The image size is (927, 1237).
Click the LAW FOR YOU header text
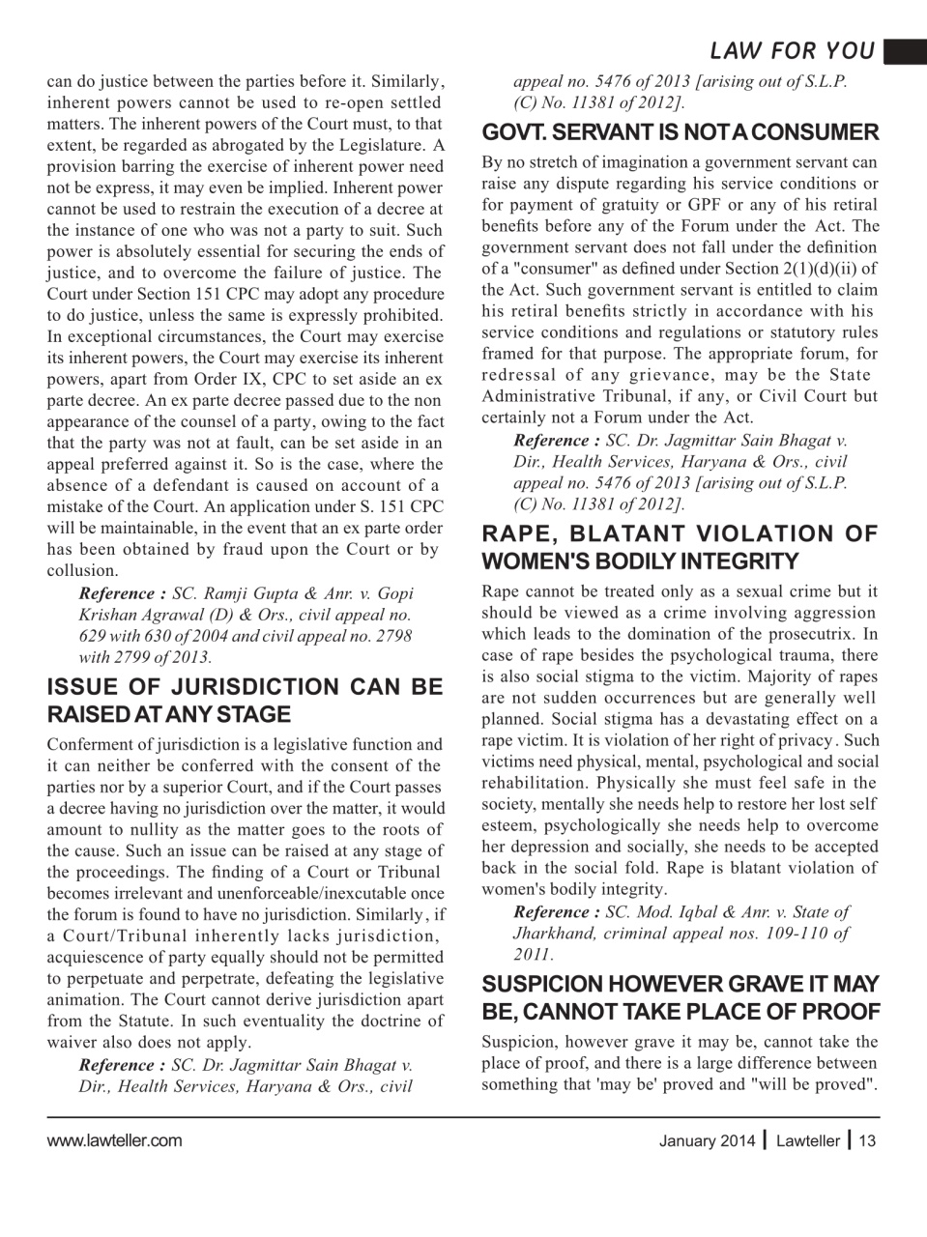[x=792, y=51]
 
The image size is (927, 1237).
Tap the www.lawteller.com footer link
[x=114, y=1140]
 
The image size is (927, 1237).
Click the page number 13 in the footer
[x=867, y=1141]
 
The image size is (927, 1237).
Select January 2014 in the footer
[x=701, y=1141]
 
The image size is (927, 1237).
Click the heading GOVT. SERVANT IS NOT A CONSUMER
[x=680, y=131]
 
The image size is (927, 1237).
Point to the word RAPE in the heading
[x=517, y=533]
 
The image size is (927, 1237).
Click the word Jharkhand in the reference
[x=555, y=933]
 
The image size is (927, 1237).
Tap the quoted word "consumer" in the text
[x=536, y=269]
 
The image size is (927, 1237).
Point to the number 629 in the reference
[x=93, y=636]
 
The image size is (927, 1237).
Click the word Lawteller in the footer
[x=808, y=1141]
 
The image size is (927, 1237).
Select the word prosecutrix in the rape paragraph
[x=813, y=634]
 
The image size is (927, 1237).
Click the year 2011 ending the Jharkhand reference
[x=533, y=955]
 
